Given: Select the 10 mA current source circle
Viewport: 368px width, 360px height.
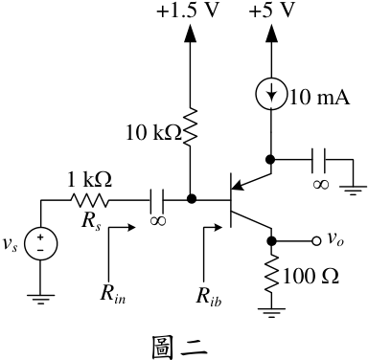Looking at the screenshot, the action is (x=271, y=94).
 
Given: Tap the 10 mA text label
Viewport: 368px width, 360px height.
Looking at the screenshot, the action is (x=320, y=97).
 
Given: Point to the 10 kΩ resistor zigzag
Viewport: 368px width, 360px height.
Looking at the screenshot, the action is (x=191, y=127).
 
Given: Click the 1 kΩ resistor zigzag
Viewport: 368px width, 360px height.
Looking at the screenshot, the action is (x=90, y=200).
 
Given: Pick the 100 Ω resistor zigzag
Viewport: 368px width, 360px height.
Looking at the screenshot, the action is (x=271, y=275).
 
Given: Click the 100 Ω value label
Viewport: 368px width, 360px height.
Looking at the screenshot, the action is (x=310, y=277).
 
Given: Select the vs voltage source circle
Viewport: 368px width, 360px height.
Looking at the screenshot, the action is (x=41, y=244).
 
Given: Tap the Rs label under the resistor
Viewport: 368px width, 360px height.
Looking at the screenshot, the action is (x=91, y=221).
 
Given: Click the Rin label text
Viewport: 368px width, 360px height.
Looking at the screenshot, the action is (x=113, y=293).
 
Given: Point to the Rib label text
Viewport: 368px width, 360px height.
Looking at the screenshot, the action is (x=209, y=296).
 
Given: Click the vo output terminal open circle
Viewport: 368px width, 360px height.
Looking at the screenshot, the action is (x=316, y=241).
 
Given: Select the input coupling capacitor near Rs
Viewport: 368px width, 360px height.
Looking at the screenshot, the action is (x=157, y=200).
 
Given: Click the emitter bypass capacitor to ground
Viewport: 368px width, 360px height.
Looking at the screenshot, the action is (x=318, y=160).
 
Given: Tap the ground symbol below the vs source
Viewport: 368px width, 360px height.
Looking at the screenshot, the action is (x=41, y=299).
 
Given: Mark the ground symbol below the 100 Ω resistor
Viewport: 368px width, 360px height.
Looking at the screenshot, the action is (x=271, y=313).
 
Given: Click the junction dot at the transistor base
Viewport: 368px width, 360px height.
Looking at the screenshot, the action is (x=191, y=199).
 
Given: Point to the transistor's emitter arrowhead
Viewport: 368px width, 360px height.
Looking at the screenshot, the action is (x=238, y=185).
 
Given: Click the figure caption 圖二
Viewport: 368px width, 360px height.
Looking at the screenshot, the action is (x=179, y=348).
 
